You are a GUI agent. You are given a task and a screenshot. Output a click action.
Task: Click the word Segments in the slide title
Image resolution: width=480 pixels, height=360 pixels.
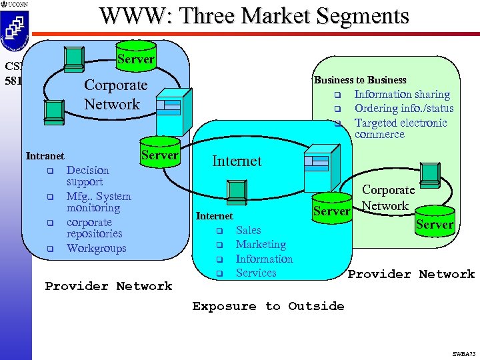pos(353,15)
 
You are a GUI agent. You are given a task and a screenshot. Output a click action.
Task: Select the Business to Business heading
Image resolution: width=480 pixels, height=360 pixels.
pos(359,80)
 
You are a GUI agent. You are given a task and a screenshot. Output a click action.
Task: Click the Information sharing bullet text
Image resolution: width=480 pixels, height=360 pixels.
pos(401,95)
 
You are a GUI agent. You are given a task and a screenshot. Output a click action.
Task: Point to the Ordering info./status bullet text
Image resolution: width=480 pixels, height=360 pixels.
pos(403,109)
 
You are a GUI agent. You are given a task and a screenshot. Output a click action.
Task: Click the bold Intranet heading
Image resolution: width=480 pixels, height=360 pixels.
pos(45,156)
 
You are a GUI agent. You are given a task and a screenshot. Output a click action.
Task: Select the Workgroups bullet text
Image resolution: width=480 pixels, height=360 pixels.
pos(96,249)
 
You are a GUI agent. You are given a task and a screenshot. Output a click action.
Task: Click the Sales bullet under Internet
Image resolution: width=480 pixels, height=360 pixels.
pos(248,230)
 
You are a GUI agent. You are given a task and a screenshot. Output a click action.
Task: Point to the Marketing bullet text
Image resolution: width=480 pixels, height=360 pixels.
pos(261,245)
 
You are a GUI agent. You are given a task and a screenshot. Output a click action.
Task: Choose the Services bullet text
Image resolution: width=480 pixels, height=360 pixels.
pos(255,273)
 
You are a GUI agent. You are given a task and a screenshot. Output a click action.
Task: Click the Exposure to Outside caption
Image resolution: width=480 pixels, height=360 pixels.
pos(268,306)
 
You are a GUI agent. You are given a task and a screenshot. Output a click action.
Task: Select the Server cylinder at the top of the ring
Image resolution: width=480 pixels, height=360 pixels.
pos(135,56)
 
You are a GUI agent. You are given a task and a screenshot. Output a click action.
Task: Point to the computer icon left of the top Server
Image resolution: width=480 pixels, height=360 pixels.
pos(73,57)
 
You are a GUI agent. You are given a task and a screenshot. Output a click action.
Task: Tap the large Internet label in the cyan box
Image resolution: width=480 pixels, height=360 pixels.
pos(237,161)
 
